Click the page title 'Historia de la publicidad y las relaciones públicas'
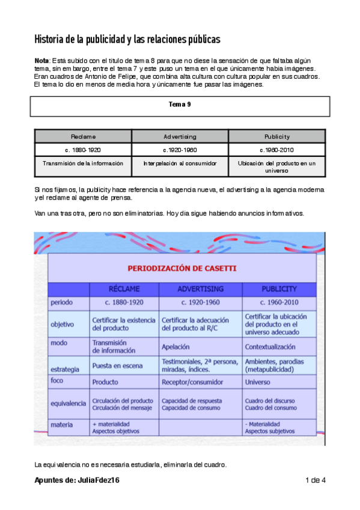pyautogui.click(x=127, y=40)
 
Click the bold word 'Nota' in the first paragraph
pyautogui.click(x=42, y=61)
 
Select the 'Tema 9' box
pyautogui.click(x=180, y=105)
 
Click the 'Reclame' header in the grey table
pyautogui.click(x=83, y=137)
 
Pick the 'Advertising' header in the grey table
pyautogui.click(x=180, y=137)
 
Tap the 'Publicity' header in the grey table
pyautogui.click(x=277, y=137)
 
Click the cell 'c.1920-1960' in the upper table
pyautogui.click(x=180, y=150)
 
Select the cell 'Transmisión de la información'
pyautogui.click(x=83, y=163)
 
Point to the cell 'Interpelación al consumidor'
pyautogui.click(x=180, y=163)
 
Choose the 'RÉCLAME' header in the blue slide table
pyautogui.click(x=124, y=289)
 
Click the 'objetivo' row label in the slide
pyautogui.click(x=63, y=324)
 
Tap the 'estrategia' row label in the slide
pyautogui.click(x=64, y=364)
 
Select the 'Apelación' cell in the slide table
pyautogui.click(x=175, y=347)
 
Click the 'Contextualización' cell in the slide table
pyautogui.click(x=270, y=347)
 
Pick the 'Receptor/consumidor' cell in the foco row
pyautogui.click(x=192, y=381)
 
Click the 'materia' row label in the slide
pyautogui.click(x=62, y=425)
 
